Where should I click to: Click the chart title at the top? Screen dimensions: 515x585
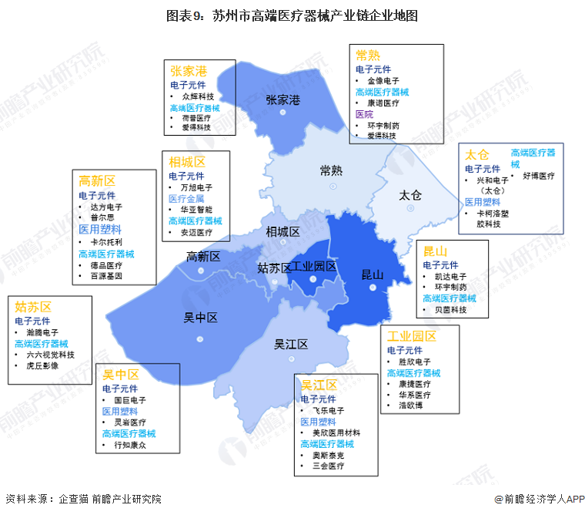click(292, 16)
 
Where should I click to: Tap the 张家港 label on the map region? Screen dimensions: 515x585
click(282, 100)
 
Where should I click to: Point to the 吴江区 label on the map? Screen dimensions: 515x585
click(291, 345)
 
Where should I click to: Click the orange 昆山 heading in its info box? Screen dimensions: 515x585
click(436, 251)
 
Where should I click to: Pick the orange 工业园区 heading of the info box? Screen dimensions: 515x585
click(412, 336)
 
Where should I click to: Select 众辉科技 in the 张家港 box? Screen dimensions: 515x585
click(198, 96)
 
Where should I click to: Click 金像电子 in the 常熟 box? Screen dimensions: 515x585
click(383, 80)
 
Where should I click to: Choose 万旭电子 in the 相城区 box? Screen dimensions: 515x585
click(196, 187)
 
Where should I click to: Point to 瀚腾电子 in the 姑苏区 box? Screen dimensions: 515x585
click(42, 332)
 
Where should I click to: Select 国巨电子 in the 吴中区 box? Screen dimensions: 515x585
click(129, 401)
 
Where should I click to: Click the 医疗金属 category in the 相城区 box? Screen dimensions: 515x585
click(186, 198)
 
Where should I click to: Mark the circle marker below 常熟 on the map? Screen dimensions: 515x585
click(333, 186)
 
